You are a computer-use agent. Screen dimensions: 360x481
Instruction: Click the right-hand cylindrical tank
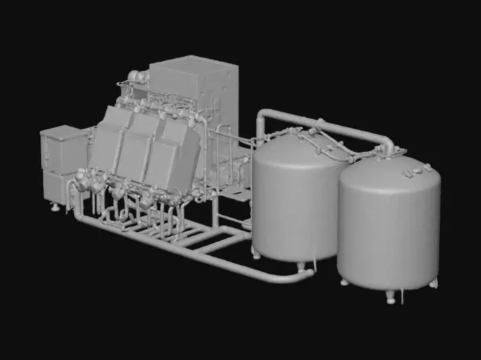pos(388,227)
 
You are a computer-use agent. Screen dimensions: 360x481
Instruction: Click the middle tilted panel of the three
pos(137,148)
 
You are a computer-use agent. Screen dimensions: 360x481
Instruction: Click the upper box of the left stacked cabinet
pos(63,148)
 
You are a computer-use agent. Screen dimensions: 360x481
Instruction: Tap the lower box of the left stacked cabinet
pos(56,187)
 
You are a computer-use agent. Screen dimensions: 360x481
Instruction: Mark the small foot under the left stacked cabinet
pos(54,207)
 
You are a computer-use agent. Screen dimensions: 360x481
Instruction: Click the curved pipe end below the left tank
pos(302,275)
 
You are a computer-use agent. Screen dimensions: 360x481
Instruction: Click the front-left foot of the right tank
pos(344,281)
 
